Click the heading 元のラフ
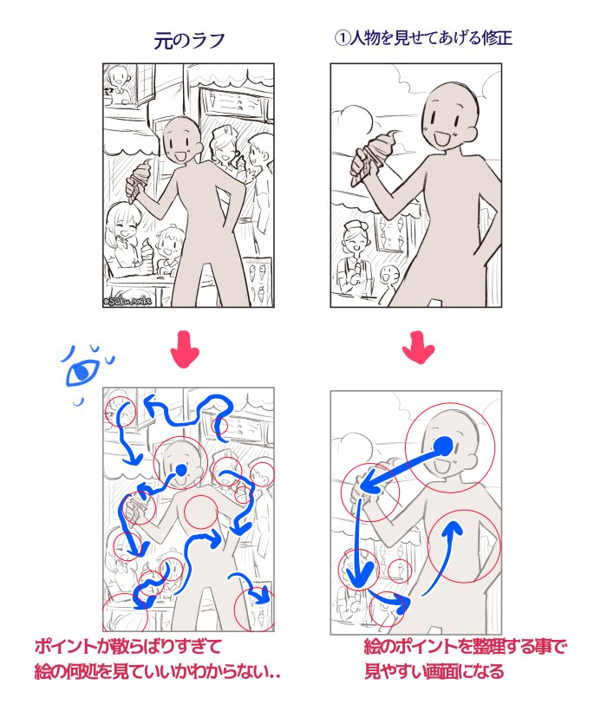(189, 41)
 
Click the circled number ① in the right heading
(342, 38)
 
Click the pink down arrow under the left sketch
(185, 349)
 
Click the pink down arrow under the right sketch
(419, 347)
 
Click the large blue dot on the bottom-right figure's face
(444, 445)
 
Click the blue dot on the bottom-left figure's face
(181, 470)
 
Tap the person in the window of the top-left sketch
(118, 84)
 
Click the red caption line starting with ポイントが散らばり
(128, 647)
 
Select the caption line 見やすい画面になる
(434, 671)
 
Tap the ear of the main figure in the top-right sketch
(471, 134)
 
